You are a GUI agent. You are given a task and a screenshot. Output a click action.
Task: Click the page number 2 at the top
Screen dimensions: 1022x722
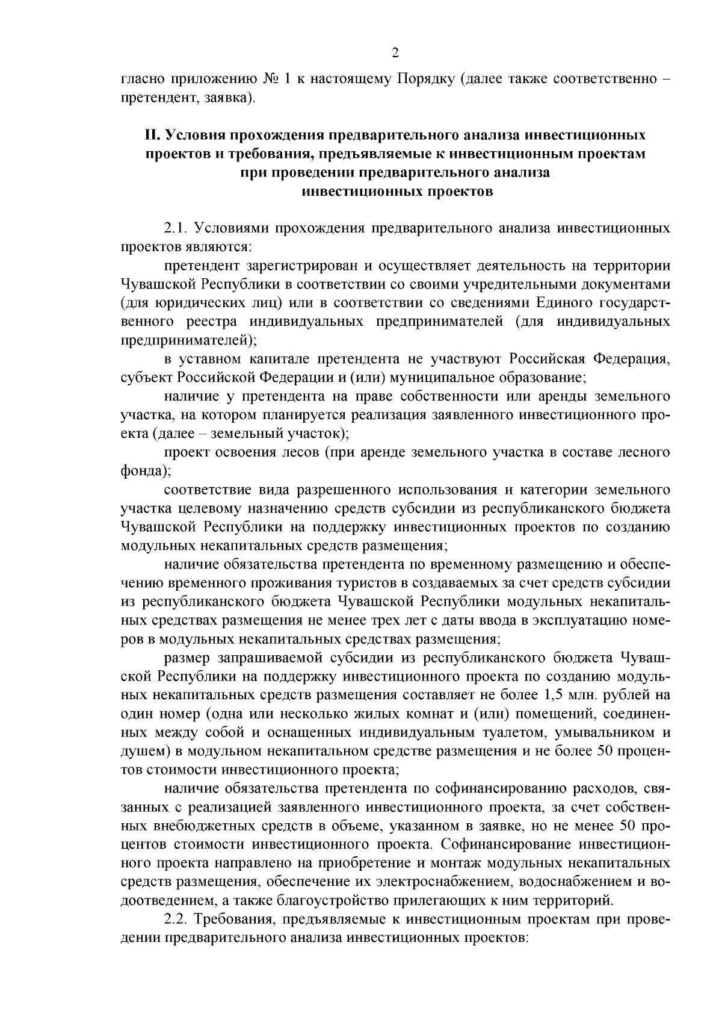(395, 53)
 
